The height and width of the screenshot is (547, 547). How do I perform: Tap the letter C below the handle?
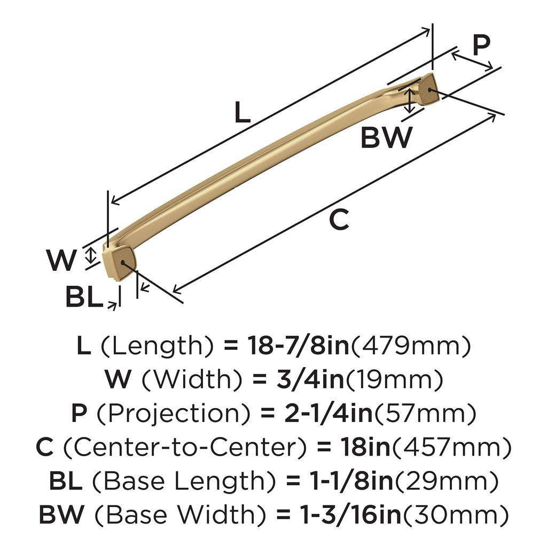click(x=339, y=220)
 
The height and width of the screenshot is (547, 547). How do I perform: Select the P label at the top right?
click(x=481, y=46)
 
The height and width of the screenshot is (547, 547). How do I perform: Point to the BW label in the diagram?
click(x=387, y=137)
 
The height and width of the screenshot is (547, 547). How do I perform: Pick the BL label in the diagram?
click(x=83, y=297)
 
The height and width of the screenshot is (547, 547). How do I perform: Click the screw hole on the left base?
click(x=125, y=263)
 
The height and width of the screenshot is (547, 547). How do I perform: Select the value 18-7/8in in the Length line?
click(x=297, y=347)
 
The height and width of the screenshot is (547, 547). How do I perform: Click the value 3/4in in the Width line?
click(x=300, y=380)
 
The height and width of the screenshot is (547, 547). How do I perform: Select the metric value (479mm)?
click(x=411, y=347)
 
